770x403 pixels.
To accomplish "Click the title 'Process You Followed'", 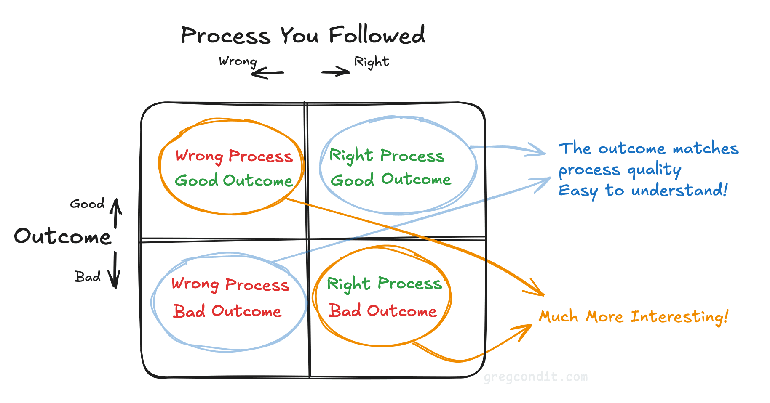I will tap(303, 35).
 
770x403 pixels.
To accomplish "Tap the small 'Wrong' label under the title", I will tap(238, 61).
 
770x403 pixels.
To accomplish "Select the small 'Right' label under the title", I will tap(371, 62).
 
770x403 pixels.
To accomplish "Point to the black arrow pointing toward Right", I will tap(336, 72).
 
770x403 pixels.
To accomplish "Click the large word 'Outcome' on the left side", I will tap(63, 236).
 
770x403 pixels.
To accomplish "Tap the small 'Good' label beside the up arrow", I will tap(87, 204).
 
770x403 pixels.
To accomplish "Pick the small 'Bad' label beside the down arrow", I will tap(88, 277).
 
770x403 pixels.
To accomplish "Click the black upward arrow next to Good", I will tap(116, 213).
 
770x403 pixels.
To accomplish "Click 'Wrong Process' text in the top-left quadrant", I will tap(234, 156).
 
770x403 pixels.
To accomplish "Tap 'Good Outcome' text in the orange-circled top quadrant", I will tap(233, 180).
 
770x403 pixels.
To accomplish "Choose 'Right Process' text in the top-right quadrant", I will tap(386, 155).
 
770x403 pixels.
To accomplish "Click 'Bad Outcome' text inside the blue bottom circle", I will tap(227, 311).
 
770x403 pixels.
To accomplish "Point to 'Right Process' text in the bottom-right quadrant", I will tap(384, 284).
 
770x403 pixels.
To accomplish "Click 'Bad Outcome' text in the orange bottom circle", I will tap(382, 311).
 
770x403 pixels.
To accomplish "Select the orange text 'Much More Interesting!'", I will tap(633, 316).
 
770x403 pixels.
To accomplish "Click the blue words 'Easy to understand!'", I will tap(643, 191).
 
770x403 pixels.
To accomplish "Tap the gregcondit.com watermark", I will tap(535, 376).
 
